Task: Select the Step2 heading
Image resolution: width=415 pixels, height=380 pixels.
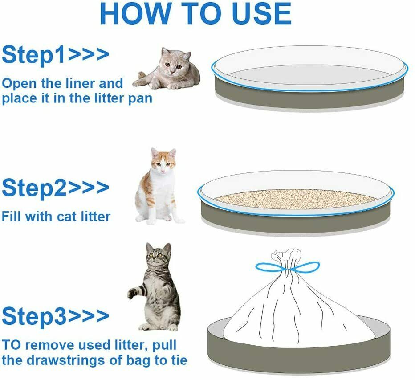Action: [55, 188]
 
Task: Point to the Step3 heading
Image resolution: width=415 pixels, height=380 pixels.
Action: [55, 316]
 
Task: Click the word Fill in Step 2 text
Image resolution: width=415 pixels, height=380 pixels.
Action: [12, 217]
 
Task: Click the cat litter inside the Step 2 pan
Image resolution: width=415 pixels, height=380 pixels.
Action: [295, 199]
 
